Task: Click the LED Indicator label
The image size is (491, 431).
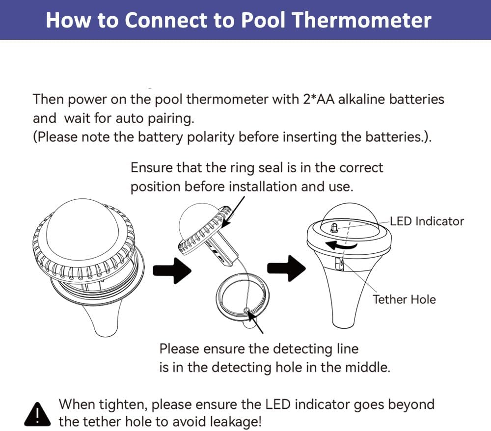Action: pos(427,221)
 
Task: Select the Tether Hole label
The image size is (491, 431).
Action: pos(404,299)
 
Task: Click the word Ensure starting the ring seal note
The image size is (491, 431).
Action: pos(152,168)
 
